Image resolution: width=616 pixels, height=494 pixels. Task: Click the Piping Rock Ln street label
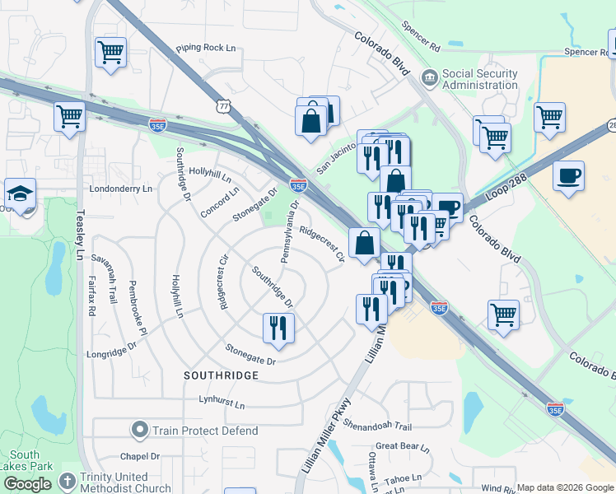click(205, 49)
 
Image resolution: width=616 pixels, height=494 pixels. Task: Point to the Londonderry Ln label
click(120, 189)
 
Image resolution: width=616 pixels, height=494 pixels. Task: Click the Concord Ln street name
click(219, 202)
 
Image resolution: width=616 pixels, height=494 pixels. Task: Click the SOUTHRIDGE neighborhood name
click(222, 375)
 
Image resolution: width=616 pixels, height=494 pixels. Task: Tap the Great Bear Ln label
click(403, 447)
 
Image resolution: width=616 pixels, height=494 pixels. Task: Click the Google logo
click(28, 484)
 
